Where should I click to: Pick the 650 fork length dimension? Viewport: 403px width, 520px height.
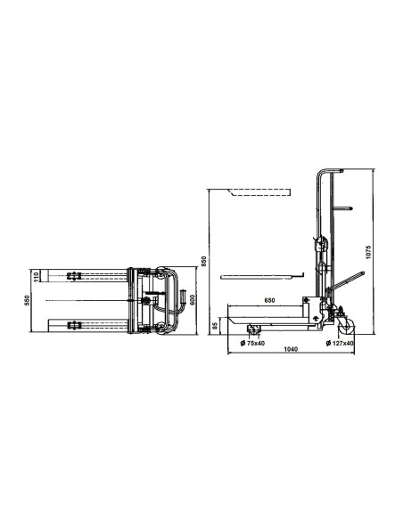pyautogui.click(x=269, y=299)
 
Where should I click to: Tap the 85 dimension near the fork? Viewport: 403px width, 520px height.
pyautogui.click(x=215, y=327)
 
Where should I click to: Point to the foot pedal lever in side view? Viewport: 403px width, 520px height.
pyautogui.click(x=352, y=278)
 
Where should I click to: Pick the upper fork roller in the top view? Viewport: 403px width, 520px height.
pyautogui.click(x=75, y=275)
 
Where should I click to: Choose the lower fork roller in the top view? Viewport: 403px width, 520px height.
pyautogui.click(x=75, y=326)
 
